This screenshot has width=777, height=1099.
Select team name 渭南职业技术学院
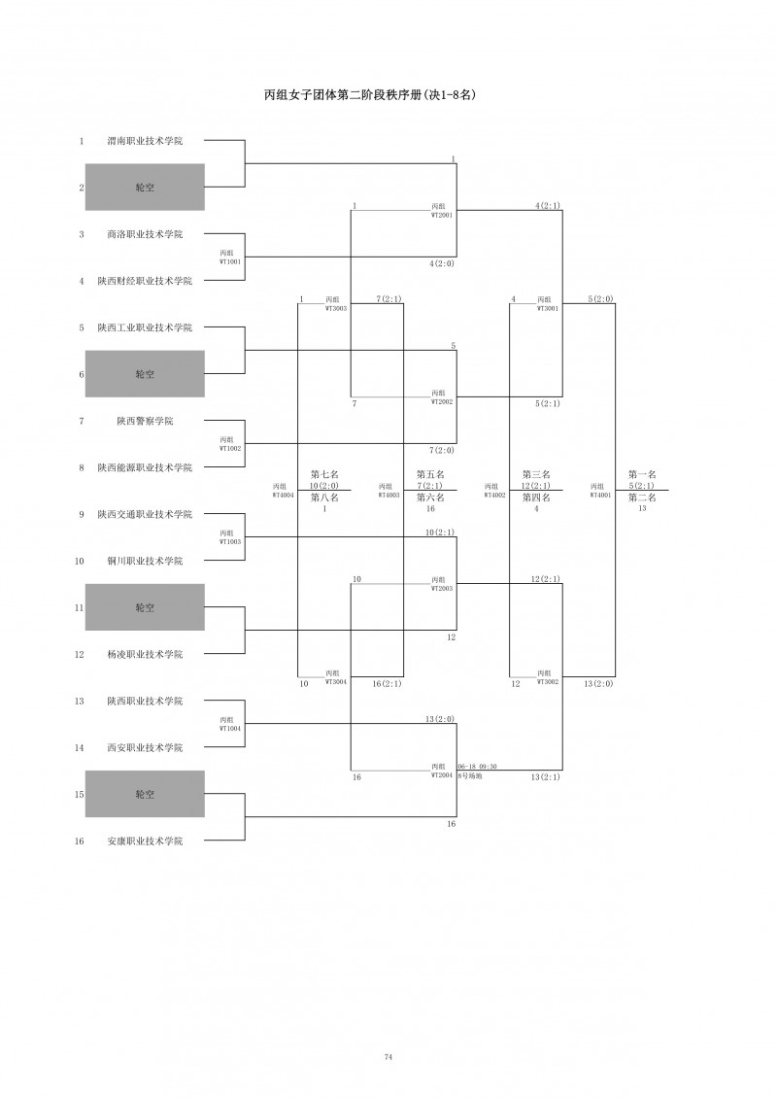[x=145, y=141]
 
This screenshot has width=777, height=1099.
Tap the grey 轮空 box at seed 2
[x=145, y=188]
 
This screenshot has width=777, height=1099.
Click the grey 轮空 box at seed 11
[x=145, y=607]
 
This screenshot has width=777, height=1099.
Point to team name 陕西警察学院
[x=145, y=421]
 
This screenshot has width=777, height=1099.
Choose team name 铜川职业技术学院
[x=145, y=561]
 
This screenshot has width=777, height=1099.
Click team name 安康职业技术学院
[x=145, y=841]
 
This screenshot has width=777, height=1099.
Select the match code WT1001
[x=230, y=261]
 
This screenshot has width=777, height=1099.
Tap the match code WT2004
[x=443, y=775]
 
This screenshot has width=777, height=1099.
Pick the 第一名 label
[x=642, y=474]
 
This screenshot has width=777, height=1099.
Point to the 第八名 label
[x=324, y=498]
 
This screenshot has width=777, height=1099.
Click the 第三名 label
[x=536, y=474]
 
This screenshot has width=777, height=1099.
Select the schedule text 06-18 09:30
[x=477, y=767]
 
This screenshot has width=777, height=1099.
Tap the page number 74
[x=388, y=1056]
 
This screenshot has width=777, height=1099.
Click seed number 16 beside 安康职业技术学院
[x=83, y=841]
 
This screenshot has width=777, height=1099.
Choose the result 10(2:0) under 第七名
[x=324, y=486]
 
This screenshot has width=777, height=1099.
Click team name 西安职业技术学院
[x=145, y=747]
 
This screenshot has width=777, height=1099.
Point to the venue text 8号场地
[x=469, y=775]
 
